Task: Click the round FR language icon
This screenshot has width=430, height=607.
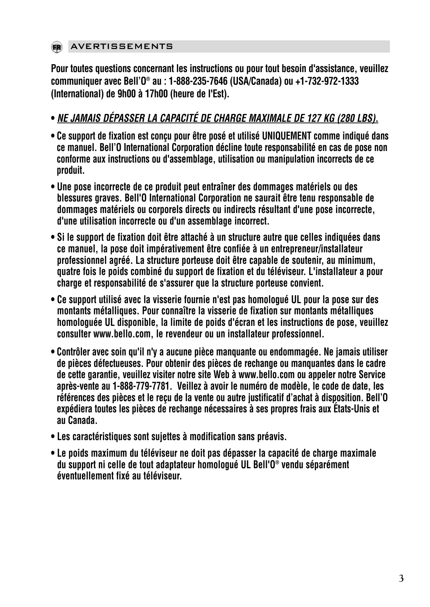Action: pos(56,47)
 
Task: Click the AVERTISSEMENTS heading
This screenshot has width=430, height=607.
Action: pos(122,47)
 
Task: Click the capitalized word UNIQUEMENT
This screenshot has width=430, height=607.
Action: pos(287,136)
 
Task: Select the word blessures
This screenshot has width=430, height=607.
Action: pos(74,198)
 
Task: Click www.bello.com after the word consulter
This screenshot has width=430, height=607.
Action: pos(121,334)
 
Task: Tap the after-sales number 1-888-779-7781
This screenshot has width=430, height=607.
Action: pos(142,386)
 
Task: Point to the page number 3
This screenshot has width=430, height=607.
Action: pos(401,579)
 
